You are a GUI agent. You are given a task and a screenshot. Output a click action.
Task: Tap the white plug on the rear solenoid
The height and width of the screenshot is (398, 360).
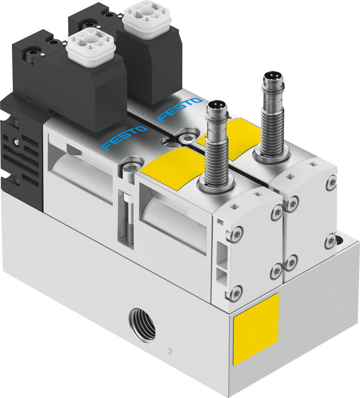pos(147,19)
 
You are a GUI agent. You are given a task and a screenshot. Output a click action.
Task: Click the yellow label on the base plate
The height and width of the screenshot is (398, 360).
pos(256,329)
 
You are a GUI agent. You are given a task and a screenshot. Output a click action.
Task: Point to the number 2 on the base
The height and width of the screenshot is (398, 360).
pos(170,351)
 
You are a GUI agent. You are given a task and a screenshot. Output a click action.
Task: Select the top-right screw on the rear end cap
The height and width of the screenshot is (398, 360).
pos(331,183)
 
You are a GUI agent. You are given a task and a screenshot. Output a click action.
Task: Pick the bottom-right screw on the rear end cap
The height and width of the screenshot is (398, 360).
pos(330,241)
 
